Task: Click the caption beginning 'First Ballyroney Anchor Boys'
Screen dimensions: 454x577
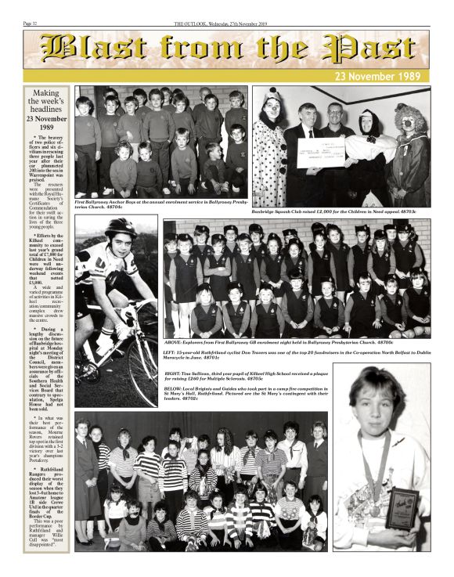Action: click(x=162, y=204)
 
